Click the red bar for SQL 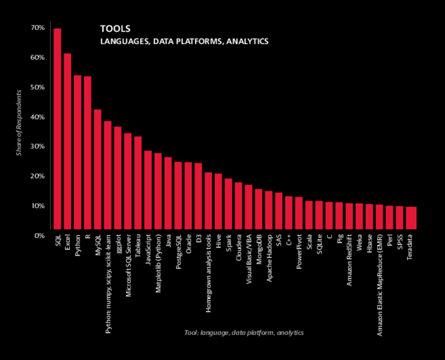57,129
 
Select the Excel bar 67,141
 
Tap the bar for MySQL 97,169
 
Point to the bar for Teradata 411,218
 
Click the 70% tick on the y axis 38,28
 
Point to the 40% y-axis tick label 38,117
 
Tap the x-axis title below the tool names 244,332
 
